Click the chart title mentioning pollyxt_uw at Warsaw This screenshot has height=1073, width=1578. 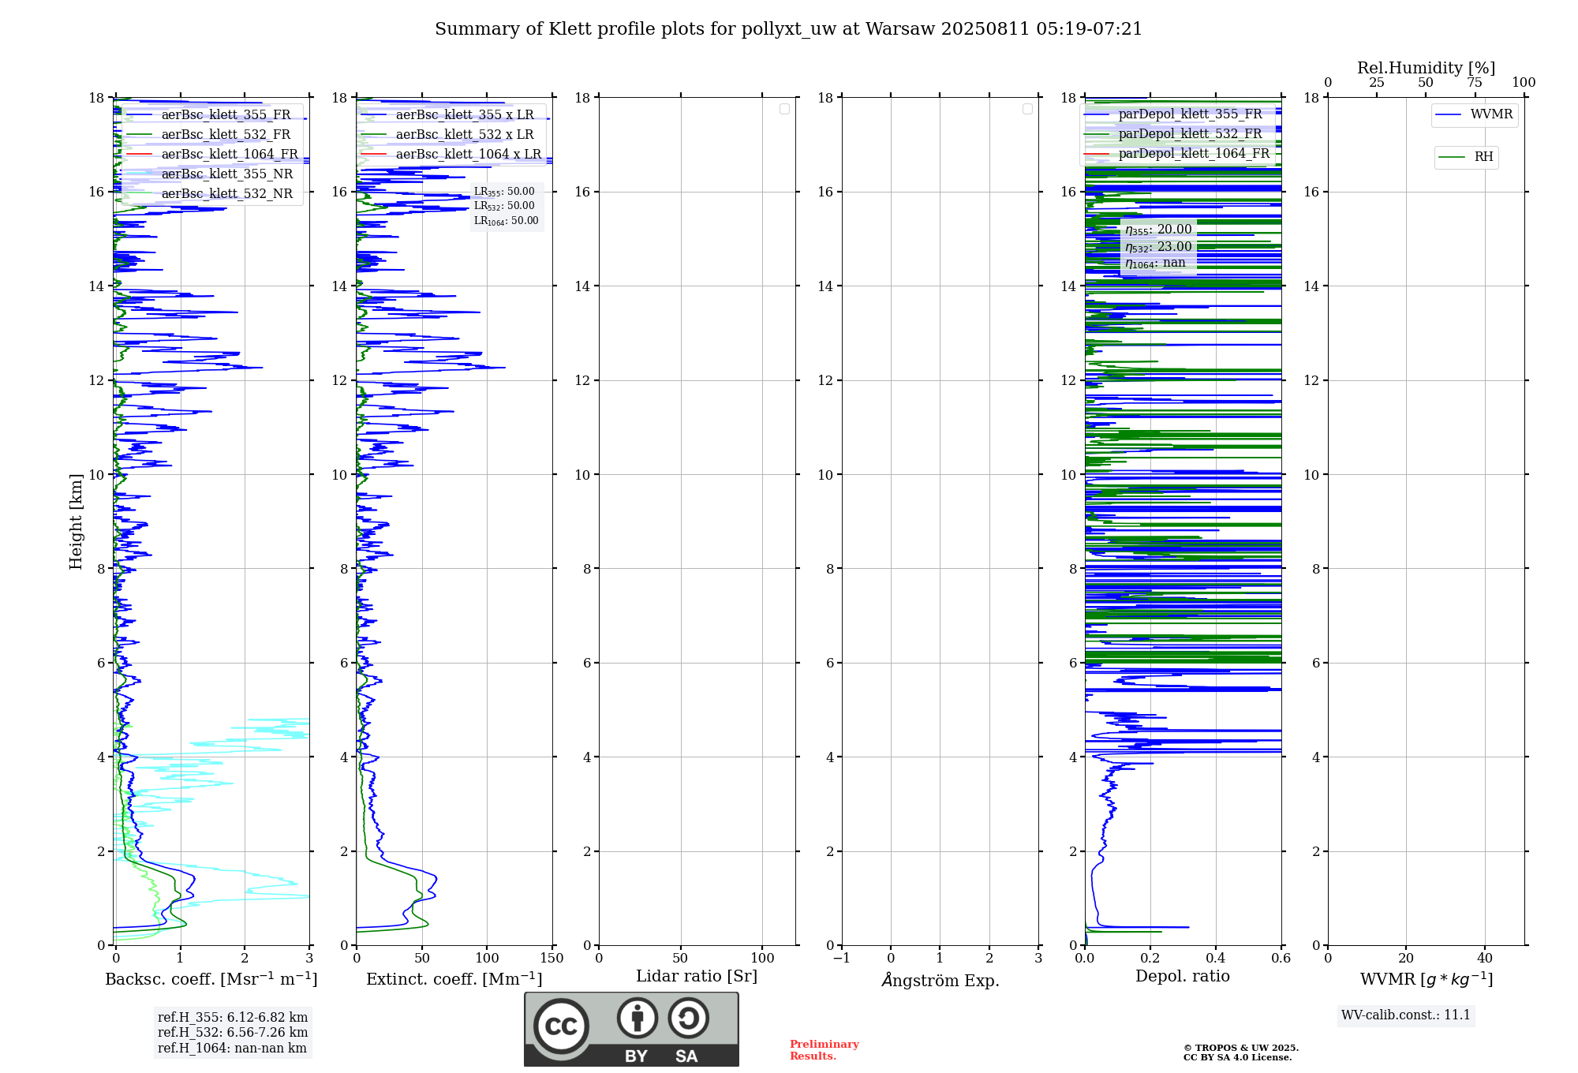coord(788,29)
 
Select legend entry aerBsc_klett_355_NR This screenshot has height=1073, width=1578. coord(226,174)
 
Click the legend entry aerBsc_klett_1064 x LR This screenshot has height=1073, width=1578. coord(468,154)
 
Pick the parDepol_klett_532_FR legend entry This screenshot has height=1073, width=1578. coord(1190,133)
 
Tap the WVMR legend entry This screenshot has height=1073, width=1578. coord(1491,114)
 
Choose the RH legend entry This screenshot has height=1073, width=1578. coord(1483,157)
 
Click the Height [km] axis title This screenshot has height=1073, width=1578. coord(76,521)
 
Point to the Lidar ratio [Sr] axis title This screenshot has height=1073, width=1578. coord(696,976)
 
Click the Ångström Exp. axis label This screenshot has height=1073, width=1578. coord(940,980)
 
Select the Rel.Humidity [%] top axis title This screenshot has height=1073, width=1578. coord(1426,68)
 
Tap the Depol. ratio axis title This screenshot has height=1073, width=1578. coord(1182,976)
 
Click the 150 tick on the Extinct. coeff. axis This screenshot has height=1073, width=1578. coord(552,958)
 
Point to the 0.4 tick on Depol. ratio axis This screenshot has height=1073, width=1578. coord(1215,958)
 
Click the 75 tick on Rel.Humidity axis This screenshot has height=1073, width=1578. coord(1474,83)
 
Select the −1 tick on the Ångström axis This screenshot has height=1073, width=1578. coord(841,958)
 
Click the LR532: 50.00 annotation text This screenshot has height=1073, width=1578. coord(504,206)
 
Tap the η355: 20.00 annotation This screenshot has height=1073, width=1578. coord(1158,230)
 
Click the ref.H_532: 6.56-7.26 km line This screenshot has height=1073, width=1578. coord(233,1032)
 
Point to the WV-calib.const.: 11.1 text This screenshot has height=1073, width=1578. coord(1405,1015)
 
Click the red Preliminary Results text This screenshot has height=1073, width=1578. coord(824,1049)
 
